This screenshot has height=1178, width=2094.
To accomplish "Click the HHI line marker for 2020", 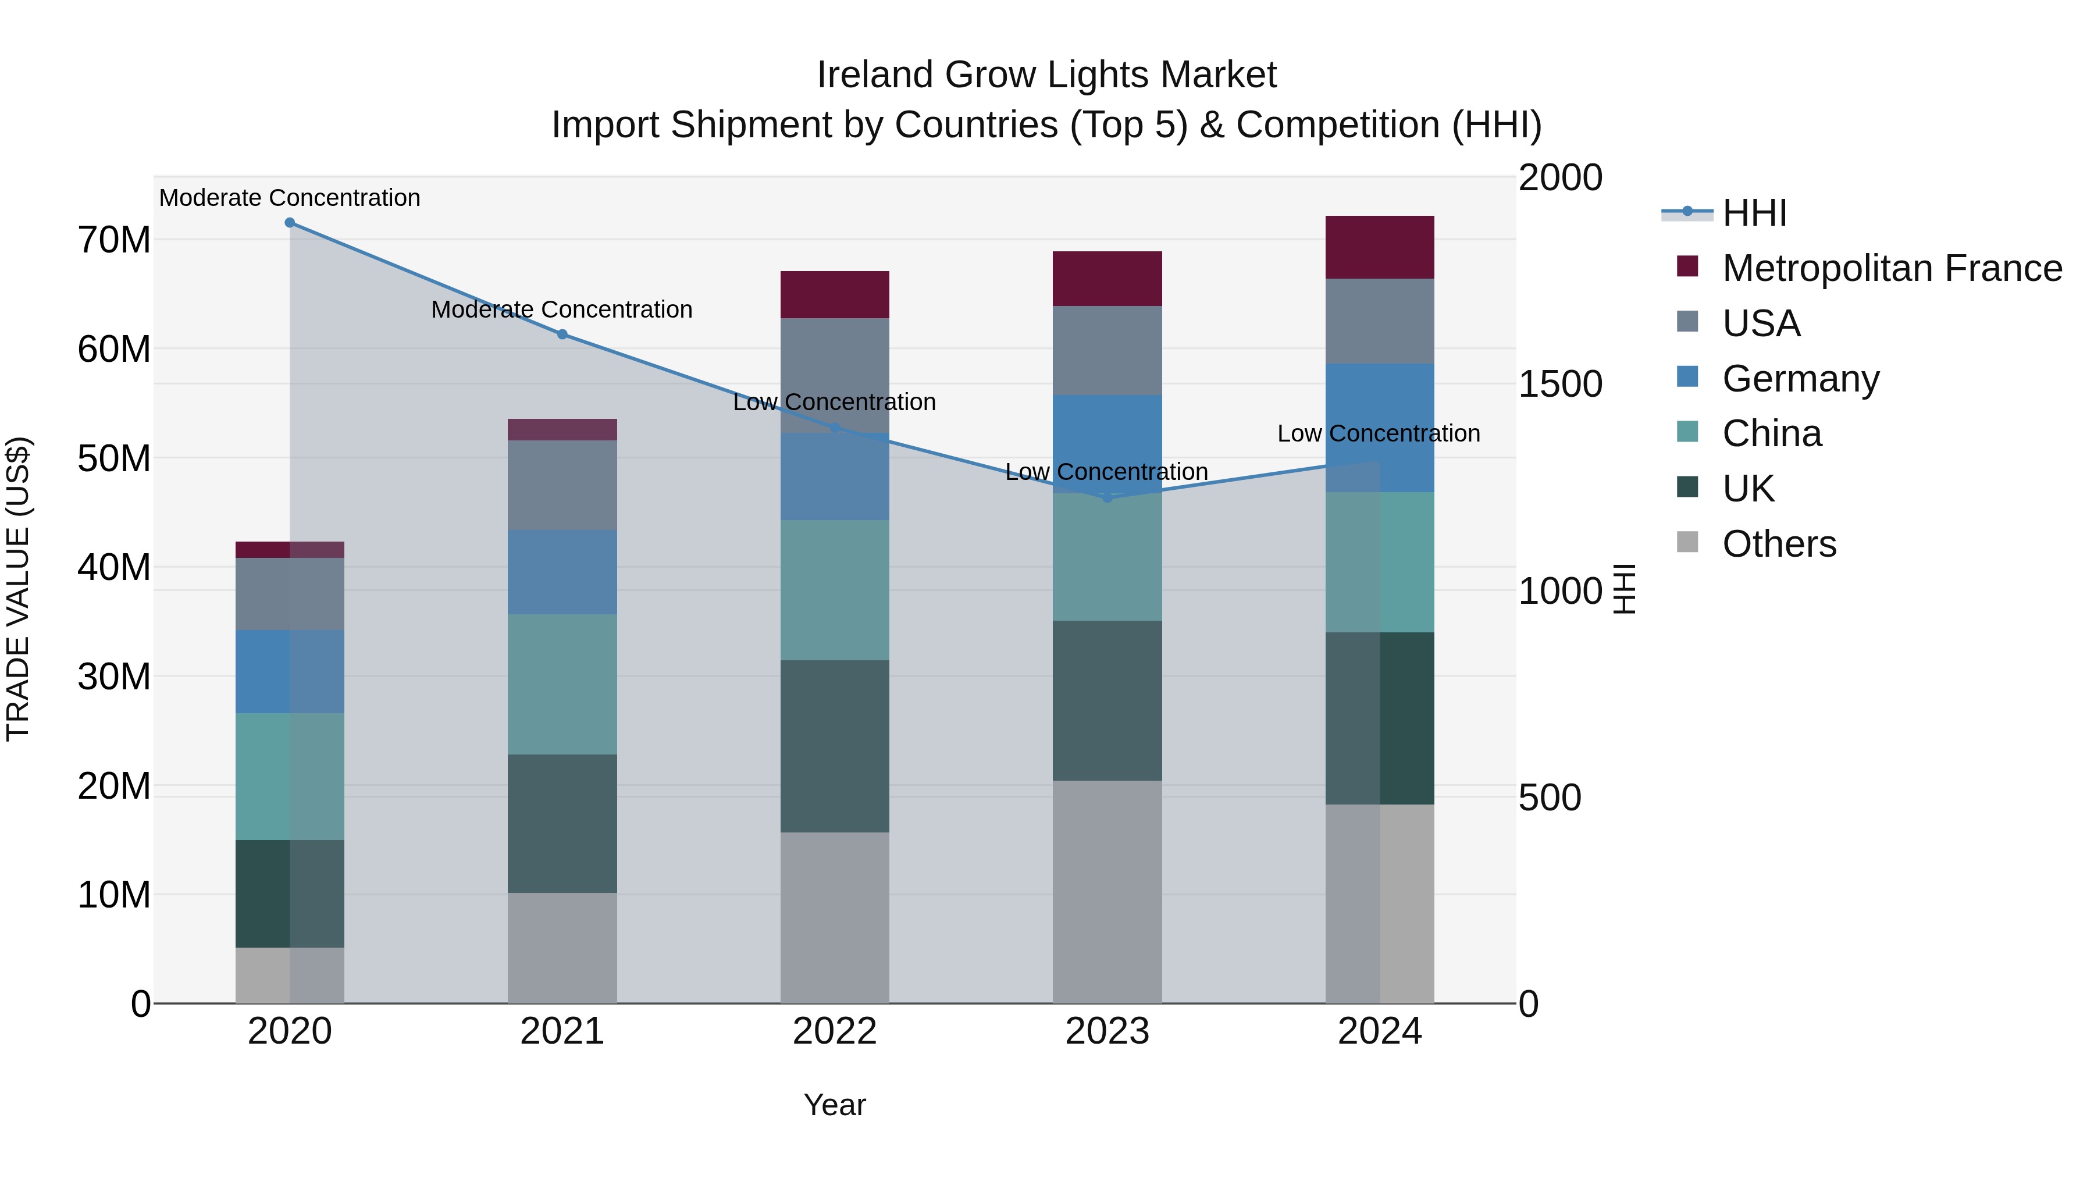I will pos(290,223).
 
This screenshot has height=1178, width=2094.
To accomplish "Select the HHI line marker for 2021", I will pos(562,334).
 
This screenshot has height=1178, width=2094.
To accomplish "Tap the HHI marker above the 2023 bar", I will pos(1106,497).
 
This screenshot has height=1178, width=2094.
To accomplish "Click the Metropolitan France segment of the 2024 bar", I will pos(1380,247).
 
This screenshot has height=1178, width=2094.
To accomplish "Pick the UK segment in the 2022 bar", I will pos(834,746).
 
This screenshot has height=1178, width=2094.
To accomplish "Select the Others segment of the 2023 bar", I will pos(1106,891).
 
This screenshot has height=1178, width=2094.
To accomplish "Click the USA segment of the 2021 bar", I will pos(562,485).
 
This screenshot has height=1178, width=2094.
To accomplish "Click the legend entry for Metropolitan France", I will pos(1891,268).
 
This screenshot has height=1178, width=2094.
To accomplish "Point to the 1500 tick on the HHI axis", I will pos(1559,384).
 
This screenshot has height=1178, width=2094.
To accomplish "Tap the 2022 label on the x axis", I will pos(834,1031).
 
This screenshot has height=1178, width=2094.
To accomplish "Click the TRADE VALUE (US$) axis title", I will pos(18,589).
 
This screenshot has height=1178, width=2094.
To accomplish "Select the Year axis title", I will pos(834,1105).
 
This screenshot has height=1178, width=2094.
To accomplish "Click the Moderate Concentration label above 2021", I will pos(562,309).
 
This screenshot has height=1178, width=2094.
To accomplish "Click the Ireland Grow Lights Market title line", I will pos(1046,75).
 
